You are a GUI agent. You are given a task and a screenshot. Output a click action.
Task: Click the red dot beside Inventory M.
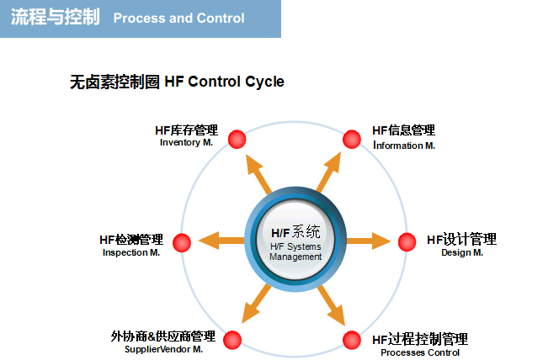237,139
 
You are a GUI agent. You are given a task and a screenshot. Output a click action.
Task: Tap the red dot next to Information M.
352,139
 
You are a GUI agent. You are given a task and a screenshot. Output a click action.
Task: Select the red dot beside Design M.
407,242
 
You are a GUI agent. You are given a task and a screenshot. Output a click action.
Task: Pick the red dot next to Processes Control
352,340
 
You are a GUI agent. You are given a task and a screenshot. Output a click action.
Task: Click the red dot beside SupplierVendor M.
232,340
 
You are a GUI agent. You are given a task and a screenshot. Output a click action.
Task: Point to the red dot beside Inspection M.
182,242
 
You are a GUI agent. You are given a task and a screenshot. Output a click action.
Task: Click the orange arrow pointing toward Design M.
369,241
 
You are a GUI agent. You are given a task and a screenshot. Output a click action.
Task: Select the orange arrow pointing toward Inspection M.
221,241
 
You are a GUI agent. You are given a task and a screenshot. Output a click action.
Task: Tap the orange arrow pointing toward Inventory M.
258,174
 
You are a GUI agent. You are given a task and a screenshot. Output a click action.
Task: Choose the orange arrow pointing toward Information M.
328,172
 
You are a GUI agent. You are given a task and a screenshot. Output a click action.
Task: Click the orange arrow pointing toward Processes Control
331,305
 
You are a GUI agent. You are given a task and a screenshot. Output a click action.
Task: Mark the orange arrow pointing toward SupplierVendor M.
256,304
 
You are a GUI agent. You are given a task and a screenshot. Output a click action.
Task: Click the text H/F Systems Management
295,251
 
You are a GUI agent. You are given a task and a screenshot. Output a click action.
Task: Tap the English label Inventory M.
186,142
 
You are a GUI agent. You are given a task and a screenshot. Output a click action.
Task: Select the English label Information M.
404,146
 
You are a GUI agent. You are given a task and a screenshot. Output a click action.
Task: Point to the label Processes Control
420,352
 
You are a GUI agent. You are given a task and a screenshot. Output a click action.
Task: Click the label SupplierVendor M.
163,349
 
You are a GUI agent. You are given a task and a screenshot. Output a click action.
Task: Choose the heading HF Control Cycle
224,82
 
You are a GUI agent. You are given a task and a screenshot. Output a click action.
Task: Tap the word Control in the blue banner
221,18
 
